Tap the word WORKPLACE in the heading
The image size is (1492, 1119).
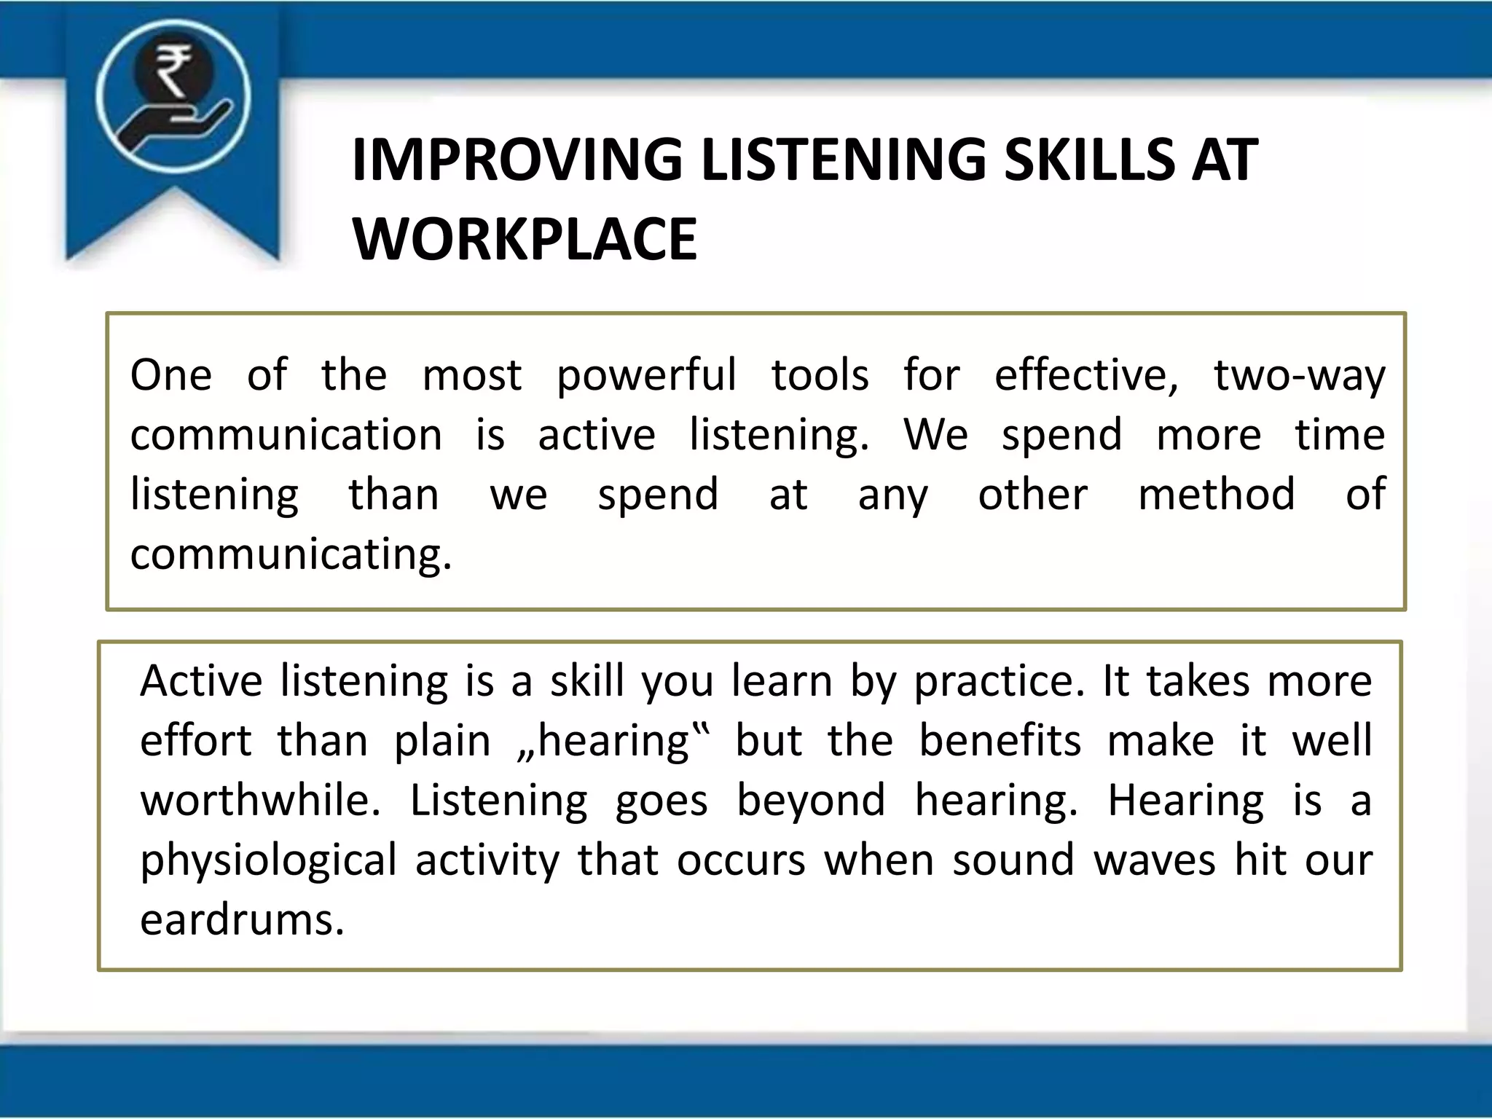525,239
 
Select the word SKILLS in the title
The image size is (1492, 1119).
1088,160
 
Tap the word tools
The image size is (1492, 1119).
820,375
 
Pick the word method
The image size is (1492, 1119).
1216,495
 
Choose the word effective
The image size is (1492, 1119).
1085,376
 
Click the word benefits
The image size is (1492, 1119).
1000,741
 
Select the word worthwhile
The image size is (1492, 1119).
260,801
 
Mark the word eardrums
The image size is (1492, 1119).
241,920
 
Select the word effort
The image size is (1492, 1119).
195,741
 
